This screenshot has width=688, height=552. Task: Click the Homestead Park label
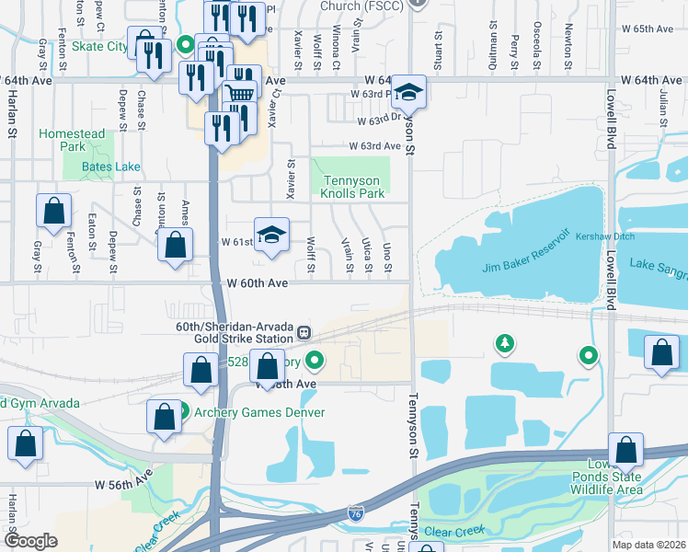pos(72,140)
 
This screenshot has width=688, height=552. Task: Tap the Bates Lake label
pos(110,167)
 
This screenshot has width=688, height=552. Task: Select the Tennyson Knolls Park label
pos(352,187)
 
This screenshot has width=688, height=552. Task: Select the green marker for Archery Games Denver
pos(184,411)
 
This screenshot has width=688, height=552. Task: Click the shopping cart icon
pos(240,92)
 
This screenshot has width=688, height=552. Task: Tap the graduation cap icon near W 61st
pos(271,235)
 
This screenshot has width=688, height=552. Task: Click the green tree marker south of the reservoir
pos(504,344)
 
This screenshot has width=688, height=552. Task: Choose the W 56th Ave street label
pos(122,482)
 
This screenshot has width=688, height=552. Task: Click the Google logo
pos(31,540)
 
